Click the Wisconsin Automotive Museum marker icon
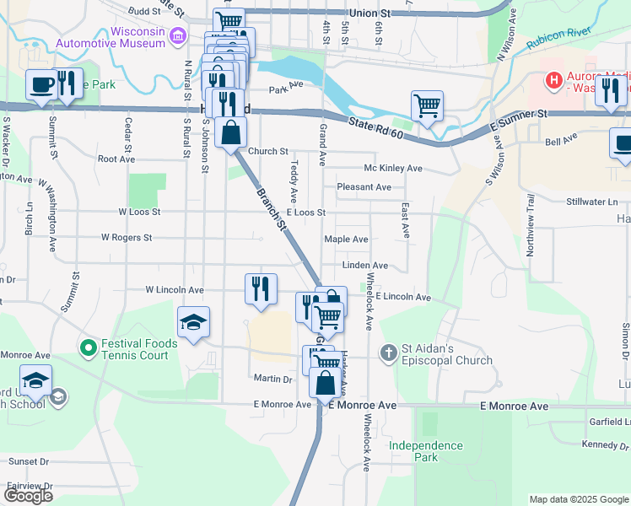177,35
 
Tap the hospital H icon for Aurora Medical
554,81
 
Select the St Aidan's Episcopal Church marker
389,352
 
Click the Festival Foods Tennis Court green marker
88,347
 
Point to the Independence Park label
426,451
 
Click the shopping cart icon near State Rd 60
428,106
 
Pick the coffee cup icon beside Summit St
41,84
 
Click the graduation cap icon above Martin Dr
193,322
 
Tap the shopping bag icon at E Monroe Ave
326,384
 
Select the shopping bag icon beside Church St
230,132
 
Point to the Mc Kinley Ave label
392,169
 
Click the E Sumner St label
519,114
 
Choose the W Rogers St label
127,238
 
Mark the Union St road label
371,14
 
